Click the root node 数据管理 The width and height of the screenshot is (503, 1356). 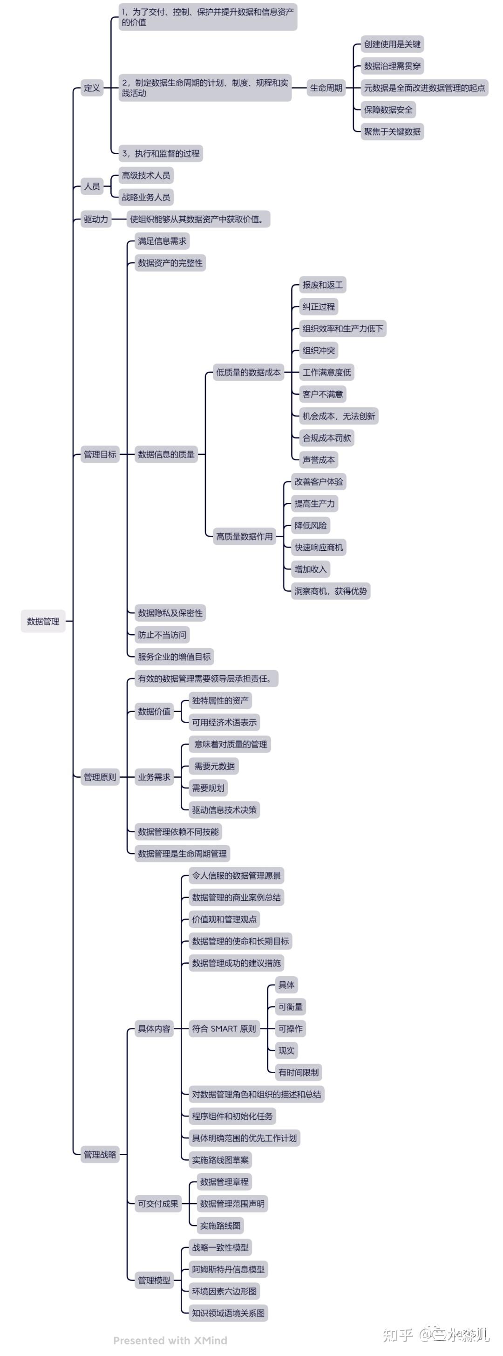coord(43,621)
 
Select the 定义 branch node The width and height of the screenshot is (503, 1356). coord(92,88)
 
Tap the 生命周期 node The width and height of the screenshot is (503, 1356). coord(326,88)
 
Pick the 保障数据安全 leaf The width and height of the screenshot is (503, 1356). coord(388,110)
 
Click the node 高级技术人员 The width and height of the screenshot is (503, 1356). coord(146,175)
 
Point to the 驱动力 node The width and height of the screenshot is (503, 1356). coord(96,219)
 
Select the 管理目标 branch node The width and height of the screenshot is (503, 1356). coord(100,454)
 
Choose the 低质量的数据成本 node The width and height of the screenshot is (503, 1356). coord(248,372)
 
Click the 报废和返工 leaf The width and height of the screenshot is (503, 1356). coord(323,285)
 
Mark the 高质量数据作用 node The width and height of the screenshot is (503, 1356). coord(244,536)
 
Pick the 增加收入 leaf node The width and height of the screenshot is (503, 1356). coord(311,569)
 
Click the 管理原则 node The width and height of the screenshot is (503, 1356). coord(100,777)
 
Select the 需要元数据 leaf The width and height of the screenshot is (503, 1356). coord(215,766)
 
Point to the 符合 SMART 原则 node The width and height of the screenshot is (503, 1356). coord(224,1028)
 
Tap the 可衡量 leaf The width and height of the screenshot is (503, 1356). coord(291,1007)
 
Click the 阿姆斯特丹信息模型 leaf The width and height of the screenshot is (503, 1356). coord(228,1269)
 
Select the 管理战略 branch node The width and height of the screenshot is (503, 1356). coord(100,1154)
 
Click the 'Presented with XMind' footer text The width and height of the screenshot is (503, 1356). coord(170,1340)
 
